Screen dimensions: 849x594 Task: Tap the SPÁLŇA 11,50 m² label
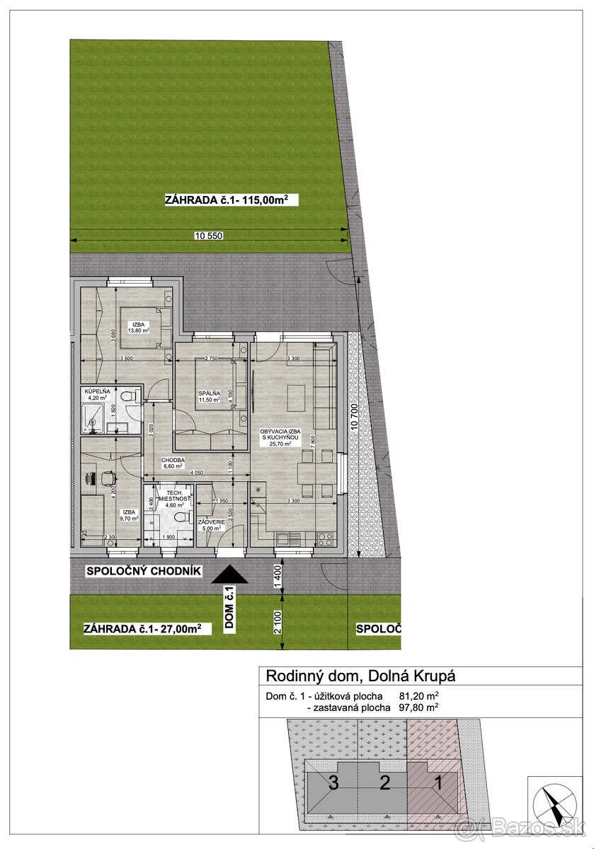click(210, 396)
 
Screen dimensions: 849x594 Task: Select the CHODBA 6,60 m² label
click(172, 463)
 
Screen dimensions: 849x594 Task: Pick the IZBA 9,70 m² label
click(128, 515)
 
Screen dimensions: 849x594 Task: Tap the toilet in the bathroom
click(125, 399)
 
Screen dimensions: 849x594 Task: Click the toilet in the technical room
click(181, 518)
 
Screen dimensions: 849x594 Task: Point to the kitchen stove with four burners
click(326, 537)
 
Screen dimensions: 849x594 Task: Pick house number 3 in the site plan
click(333, 782)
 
